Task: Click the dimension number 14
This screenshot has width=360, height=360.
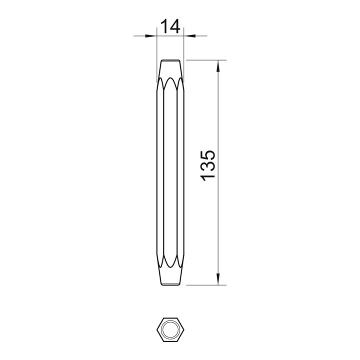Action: [x=170, y=26]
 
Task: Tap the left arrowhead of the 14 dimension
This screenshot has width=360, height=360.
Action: [x=151, y=36]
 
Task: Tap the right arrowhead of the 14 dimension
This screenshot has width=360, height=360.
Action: [x=189, y=36]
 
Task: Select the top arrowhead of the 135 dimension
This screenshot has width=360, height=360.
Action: [x=218, y=66]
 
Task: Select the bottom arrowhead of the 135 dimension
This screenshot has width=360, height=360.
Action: [x=218, y=279]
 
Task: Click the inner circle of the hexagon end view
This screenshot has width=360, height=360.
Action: [x=170, y=329]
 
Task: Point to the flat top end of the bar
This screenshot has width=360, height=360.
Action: [x=170, y=60]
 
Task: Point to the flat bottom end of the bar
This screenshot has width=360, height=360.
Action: [x=170, y=285]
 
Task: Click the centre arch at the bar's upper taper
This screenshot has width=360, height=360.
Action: [x=170, y=77]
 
